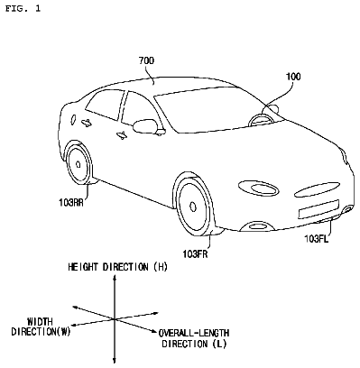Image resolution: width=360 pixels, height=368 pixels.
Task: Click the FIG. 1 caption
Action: point(23,8)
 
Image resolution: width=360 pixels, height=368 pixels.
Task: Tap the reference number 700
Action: point(146,60)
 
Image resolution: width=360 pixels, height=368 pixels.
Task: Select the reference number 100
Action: point(293,77)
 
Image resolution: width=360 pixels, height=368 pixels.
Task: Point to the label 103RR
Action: point(71,203)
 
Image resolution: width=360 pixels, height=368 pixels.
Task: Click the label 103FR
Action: point(195,254)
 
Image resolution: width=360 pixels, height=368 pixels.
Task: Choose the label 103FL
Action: point(317,239)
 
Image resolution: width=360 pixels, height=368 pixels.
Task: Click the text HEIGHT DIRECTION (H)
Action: point(117,267)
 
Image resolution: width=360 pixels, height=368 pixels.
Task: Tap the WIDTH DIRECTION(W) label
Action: point(41,327)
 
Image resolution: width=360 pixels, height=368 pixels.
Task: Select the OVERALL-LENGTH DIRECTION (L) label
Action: point(194,338)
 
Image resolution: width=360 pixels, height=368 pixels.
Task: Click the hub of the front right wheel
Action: point(193,207)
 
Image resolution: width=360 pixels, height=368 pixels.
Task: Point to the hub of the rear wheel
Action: point(78,164)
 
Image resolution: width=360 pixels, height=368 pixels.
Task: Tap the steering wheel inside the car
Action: point(261,120)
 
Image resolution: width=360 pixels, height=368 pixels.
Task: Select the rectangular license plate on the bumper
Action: point(318,208)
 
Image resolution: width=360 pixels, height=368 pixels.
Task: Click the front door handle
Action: point(123,135)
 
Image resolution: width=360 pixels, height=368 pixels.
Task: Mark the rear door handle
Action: point(87,122)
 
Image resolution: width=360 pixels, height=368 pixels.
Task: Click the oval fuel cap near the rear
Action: point(72,119)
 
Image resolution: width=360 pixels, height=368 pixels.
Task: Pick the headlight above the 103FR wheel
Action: point(258,188)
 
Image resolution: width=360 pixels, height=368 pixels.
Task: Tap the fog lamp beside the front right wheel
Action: point(258,225)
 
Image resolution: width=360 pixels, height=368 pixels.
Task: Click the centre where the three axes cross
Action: point(115,319)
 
